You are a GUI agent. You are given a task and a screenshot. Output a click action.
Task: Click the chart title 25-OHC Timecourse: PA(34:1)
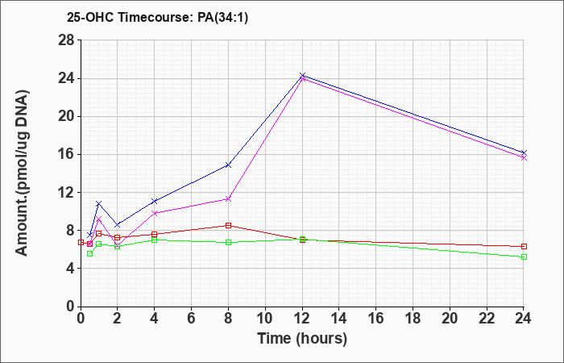pyautogui.click(x=157, y=17)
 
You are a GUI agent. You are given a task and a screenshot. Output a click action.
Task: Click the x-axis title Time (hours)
pyautogui.click(x=302, y=339)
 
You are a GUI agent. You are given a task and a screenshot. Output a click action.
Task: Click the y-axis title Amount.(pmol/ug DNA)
pyautogui.click(x=23, y=173)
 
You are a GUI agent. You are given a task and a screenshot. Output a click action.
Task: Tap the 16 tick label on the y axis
pyautogui.click(x=67, y=155)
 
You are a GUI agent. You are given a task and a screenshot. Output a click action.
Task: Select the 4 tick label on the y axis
pyautogui.click(x=71, y=269)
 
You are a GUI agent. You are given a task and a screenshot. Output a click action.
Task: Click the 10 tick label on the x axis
pyautogui.click(x=265, y=319)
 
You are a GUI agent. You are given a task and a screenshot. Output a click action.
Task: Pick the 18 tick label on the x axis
pyautogui.click(x=413, y=319)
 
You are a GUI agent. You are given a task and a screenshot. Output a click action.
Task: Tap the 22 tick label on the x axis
pyautogui.click(x=487, y=319)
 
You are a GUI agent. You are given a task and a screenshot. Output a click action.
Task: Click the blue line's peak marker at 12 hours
pyautogui.click(x=302, y=75)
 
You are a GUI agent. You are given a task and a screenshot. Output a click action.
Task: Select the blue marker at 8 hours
pyautogui.click(x=228, y=165)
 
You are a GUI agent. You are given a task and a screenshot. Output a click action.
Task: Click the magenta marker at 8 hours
pyautogui.click(x=228, y=198)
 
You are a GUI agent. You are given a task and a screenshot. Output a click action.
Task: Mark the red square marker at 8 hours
pyautogui.click(x=228, y=225)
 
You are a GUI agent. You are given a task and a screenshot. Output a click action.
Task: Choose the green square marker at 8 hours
pyautogui.click(x=228, y=242)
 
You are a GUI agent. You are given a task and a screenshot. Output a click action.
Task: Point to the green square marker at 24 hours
pyautogui.click(x=524, y=257)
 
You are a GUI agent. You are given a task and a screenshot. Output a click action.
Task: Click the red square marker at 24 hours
pyautogui.click(x=524, y=246)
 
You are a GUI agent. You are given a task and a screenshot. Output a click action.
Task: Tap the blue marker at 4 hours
pyautogui.click(x=155, y=201)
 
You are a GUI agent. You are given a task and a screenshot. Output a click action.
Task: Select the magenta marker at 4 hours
pyautogui.click(x=155, y=213)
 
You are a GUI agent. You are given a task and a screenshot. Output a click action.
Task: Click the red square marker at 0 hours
pyautogui.click(x=81, y=242)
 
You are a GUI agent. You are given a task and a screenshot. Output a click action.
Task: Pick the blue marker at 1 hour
pyautogui.click(x=99, y=203)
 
